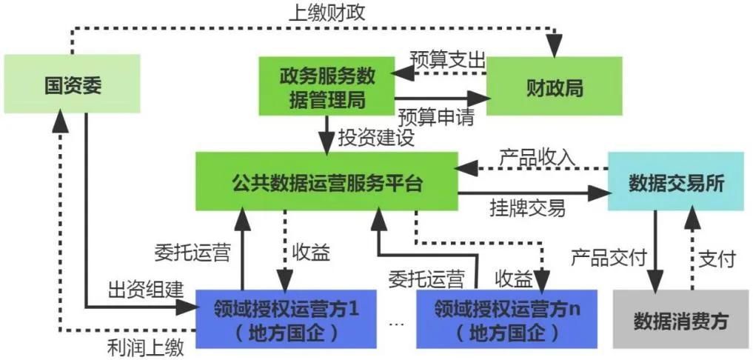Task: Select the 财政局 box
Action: click(x=554, y=87)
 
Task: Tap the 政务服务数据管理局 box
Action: click(x=327, y=87)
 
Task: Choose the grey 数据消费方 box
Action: click(x=681, y=320)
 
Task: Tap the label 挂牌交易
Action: click(x=527, y=207)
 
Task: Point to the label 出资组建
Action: click(x=145, y=290)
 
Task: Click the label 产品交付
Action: click(x=608, y=258)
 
